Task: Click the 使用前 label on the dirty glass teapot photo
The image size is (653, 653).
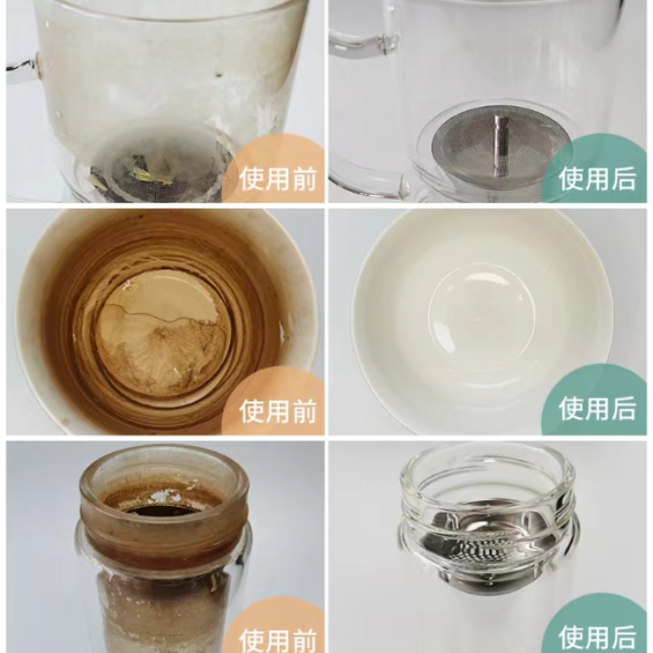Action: point(278,179)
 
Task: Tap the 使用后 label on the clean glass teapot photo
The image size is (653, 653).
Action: point(597,179)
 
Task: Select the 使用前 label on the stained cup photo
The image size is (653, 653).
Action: point(278,411)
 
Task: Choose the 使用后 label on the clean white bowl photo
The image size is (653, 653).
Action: point(597,408)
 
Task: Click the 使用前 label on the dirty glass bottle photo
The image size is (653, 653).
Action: point(278,640)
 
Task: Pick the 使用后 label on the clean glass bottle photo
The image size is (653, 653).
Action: point(597,639)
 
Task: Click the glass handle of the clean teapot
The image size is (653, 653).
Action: point(362,43)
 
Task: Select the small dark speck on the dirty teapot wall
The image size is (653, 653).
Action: point(218,75)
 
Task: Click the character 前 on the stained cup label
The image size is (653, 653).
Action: point(303,411)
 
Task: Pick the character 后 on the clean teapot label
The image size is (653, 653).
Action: point(624,179)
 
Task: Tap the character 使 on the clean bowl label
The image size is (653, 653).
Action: point(571,408)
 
